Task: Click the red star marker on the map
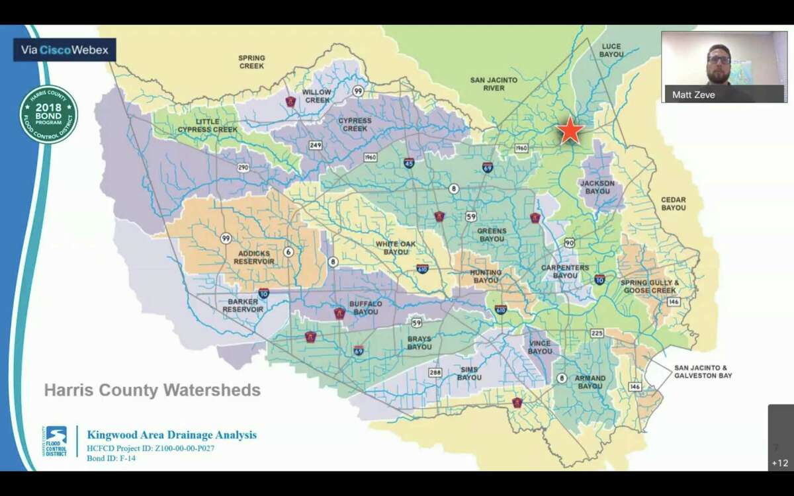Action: tap(570, 131)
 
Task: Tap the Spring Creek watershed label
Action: tap(251, 62)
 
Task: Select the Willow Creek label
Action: tap(316, 97)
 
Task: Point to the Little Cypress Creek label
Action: tap(207, 126)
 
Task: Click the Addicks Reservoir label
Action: tap(254, 257)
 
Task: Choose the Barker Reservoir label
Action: tap(243, 306)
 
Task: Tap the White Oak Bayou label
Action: tap(396, 248)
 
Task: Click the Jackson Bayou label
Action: tap(597, 187)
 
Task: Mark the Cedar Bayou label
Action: tap(674, 204)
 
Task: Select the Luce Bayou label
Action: tap(611, 50)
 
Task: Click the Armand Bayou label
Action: tap(590, 382)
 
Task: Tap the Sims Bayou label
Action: tap(469, 373)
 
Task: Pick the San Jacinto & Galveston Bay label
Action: tap(703, 372)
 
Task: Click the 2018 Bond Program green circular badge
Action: tap(48, 114)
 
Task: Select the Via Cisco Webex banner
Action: tap(64, 50)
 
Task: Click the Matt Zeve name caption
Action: tap(693, 95)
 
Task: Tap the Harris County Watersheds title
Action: tap(152, 390)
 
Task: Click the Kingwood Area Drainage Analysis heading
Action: tap(171, 435)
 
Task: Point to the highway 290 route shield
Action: tap(243, 168)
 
